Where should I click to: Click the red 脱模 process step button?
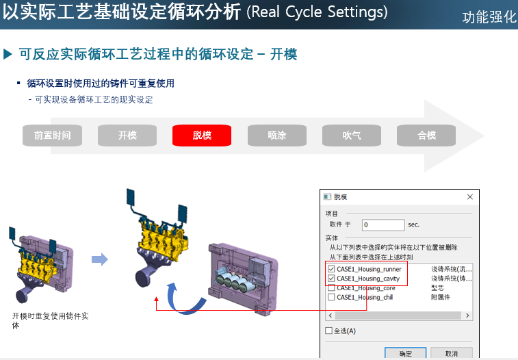[x=202, y=136]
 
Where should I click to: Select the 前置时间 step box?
[x=52, y=136]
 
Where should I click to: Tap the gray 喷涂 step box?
[x=277, y=136]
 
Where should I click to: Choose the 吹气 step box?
[x=352, y=136]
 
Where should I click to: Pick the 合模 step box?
[x=426, y=136]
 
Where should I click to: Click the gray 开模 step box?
[x=127, y=136]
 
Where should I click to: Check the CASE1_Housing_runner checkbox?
[x=331, y=269]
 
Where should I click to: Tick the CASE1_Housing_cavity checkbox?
[x=331, y=279]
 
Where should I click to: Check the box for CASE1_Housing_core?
[x=331, y=288]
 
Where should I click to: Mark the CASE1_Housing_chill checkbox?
[x=331, y=297]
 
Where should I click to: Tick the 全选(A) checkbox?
[x=328, y=331]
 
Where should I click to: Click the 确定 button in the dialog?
[x=405, y=353]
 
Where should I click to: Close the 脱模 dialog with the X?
[x=470, y=197]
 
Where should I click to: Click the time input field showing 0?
[x=383, y=225]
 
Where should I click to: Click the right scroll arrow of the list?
[x=467, y=316]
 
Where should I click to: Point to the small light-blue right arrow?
[x=100, y=259]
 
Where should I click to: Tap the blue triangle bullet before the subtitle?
[x=8, y=54]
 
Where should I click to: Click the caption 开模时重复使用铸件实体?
[x=50, y=321]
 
